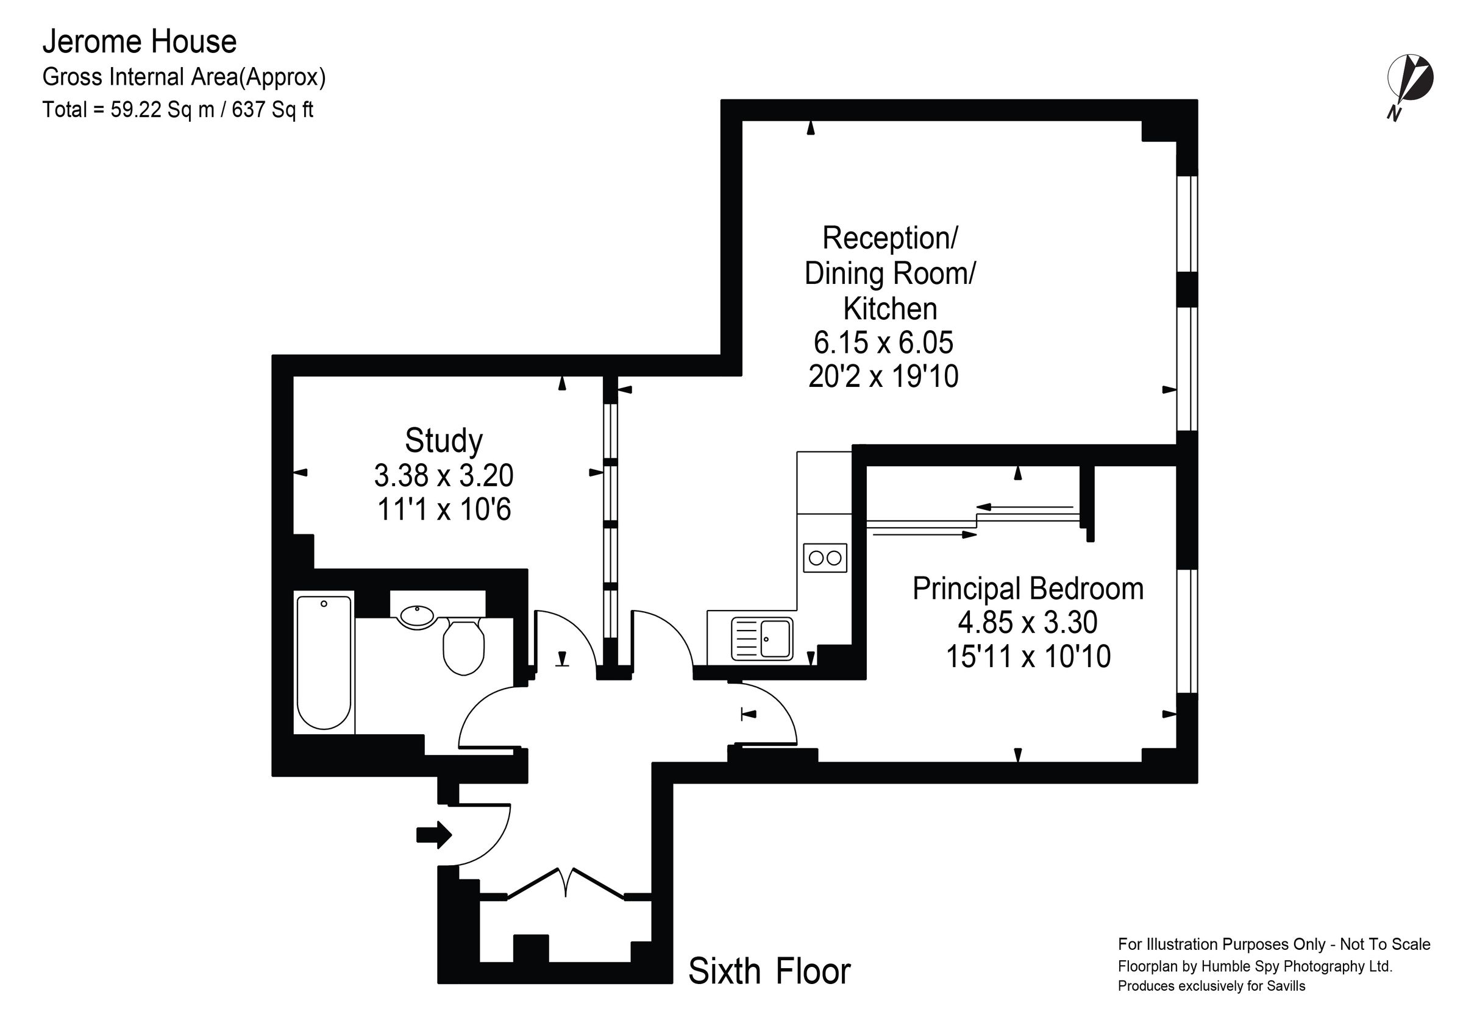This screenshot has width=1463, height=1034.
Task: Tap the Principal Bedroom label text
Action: pos(1027,589)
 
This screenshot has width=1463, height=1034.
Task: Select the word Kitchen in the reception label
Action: pos(889,309)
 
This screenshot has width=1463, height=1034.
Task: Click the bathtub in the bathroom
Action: pos(324,662)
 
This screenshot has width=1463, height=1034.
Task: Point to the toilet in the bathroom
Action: pos(463,646)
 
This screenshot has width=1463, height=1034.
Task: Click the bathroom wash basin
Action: pos(417,615)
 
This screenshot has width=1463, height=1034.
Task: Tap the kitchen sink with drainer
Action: pos(761,639)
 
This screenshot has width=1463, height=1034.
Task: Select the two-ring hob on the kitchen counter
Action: pos(825,558)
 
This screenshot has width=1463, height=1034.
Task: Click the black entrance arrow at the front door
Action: pos(434,834)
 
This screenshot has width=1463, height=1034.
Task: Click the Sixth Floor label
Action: pos(769,972)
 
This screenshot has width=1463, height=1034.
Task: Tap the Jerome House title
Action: pos(140,42)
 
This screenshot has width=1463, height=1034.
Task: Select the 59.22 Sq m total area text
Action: pos(162,110)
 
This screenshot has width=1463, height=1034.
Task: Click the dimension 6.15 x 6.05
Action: pos(883,343)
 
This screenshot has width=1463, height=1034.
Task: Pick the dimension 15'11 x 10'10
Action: pos(1028,656)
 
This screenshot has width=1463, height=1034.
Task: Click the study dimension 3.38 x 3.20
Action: pos(444,475)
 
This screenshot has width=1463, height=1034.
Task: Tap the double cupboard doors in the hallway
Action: pos(565,882)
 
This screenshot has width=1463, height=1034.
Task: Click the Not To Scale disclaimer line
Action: pos(1274,944)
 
